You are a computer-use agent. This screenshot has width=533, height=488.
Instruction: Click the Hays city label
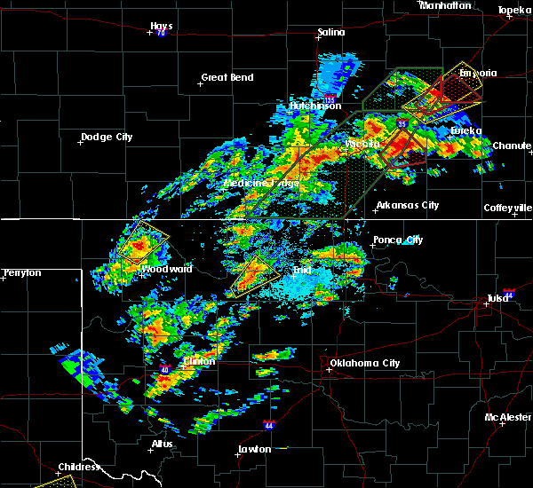click(x=162, y=26)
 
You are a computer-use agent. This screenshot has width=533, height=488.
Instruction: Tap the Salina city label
click(x=331, y=33)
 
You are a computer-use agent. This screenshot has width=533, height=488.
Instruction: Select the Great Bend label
click(x=227, y=77)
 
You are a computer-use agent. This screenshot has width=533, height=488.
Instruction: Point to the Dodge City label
click(x=107, y=137)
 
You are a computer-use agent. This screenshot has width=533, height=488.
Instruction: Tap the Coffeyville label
click(x=507, y=208)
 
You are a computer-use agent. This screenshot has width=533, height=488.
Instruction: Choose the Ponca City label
click(x=398, y=240)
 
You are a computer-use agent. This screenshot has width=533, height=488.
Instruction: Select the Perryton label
click(x=22, y=272)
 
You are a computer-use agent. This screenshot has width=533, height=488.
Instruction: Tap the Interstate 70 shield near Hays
click(x=162, y=33)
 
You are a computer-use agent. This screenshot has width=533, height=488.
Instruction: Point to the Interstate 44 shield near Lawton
click(x=268, y=426)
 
